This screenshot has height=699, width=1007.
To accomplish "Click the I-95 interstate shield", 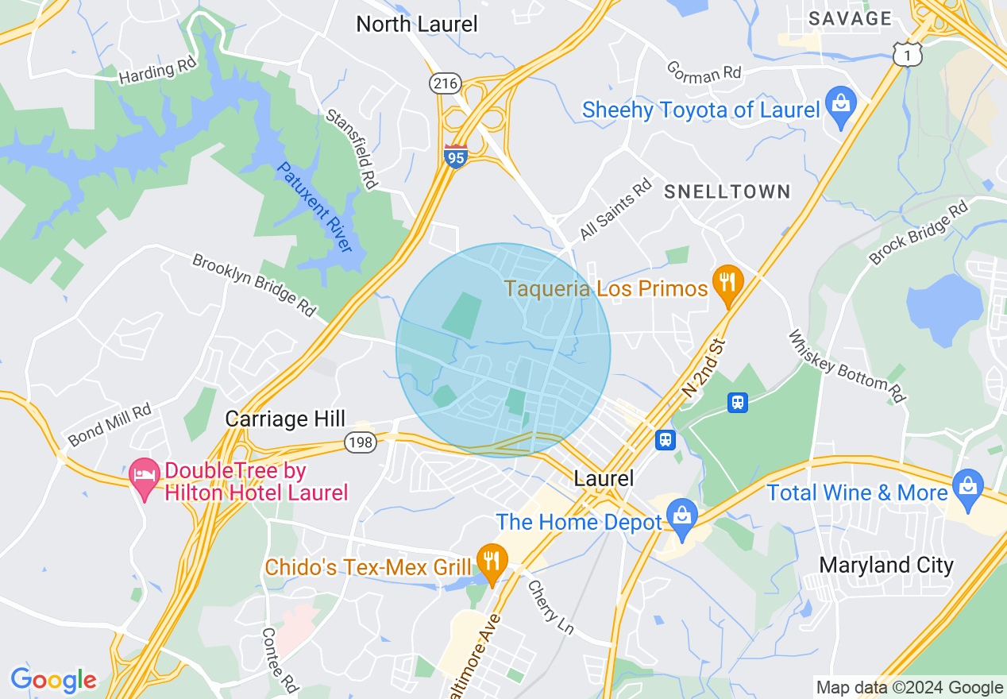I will coord(455,156).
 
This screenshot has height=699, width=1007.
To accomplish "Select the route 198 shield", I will coord(361,442).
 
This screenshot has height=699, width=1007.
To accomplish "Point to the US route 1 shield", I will coord(906,54).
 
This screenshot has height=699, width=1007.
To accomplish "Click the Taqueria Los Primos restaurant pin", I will coord(727,283).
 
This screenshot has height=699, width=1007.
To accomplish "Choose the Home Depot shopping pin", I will coord(681,516).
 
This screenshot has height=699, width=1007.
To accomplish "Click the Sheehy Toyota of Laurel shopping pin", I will coord(839,106).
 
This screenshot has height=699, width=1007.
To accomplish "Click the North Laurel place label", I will coord(417,24).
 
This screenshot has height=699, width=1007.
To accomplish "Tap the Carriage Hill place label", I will coord(285,419).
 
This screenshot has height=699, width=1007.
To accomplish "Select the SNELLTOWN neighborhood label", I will coord(727,191).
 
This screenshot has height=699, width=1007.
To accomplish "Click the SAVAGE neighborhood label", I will coord(850,18).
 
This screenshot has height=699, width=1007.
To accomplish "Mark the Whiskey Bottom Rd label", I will coord(847,366).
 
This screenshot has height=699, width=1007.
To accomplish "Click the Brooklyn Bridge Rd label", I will coord(254,284).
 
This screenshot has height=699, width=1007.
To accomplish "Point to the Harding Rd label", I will coord(157,72).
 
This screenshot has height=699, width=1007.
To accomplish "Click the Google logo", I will coord(53,680).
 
